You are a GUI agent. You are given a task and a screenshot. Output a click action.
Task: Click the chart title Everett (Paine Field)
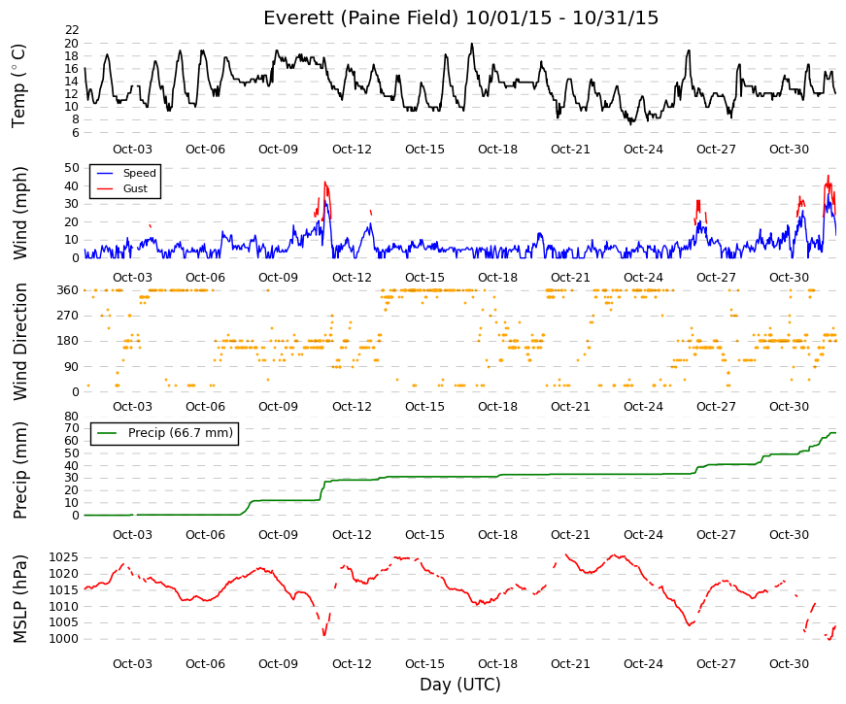(361, 17)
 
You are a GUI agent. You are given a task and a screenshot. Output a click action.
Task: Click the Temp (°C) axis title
(18, 85)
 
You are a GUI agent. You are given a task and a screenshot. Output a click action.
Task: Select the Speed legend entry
(125, 173)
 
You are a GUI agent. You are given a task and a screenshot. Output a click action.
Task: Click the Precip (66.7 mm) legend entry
(164, 433)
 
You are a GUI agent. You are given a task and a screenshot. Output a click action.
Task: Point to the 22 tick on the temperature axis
(72, 30)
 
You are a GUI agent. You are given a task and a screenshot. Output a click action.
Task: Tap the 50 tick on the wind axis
(72, 168)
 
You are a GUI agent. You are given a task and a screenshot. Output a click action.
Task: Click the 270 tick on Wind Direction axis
(68, 316)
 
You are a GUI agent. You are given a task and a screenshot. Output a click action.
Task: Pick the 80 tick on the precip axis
(72, 417)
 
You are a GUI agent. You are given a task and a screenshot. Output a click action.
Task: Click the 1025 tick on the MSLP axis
(64, 557)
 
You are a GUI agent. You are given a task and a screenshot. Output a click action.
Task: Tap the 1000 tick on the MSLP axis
(64, 639)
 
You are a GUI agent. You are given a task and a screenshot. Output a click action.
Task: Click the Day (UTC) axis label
(460, 685)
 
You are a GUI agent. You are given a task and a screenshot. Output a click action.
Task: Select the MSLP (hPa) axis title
(19, 599)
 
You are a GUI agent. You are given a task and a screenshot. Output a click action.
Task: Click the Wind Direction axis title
(19, 342)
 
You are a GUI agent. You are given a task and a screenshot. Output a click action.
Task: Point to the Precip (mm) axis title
(19, 470)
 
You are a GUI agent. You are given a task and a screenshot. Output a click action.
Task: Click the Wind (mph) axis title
(19, 213)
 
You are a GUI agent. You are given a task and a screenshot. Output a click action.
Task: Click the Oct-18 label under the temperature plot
(497, 150)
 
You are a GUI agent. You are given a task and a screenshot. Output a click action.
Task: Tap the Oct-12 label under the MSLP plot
(352, 664)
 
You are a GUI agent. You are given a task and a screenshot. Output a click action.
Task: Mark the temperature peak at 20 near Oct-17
(472, 44)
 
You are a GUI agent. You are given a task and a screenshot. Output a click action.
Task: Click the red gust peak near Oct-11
(324, 183)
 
